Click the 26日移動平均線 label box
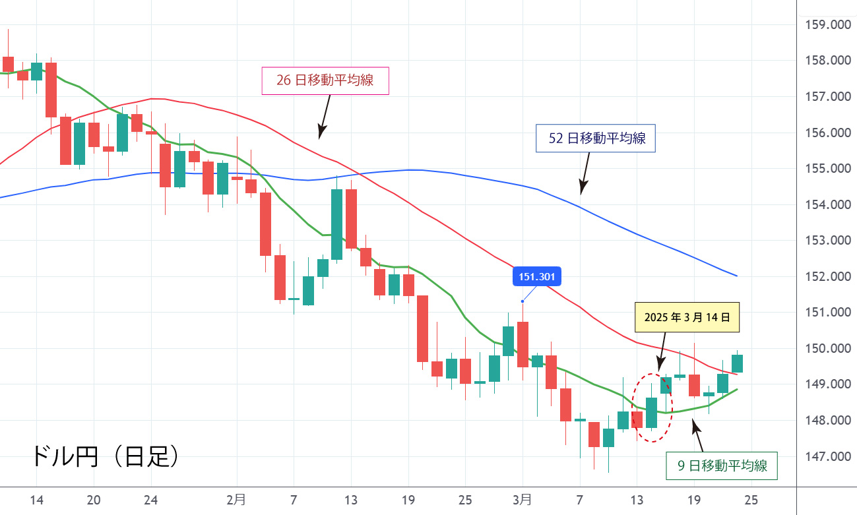click(325, 80)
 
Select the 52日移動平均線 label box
click(595, 138)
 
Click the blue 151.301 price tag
click(537, 277)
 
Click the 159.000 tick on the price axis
click(828, 25)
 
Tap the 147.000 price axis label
click(828, 456)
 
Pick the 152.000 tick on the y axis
click(828, 276)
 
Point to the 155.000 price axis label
click(828, 169)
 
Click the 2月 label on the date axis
click(236, 499)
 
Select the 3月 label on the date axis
click(523, 499)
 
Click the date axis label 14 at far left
click(36, 499)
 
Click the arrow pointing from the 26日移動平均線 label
click(324, 116)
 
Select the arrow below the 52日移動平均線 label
click(585, 173)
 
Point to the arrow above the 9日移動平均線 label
click(698, 435)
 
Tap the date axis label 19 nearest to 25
click(694, 499)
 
